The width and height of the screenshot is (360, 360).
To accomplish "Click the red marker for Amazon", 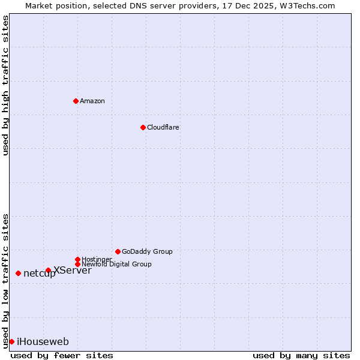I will (76, 101).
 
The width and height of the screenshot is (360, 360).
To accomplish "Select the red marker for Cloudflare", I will (143, 127).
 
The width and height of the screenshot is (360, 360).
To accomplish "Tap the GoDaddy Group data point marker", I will (118, 251).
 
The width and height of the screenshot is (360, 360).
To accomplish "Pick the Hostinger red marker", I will (77, 259).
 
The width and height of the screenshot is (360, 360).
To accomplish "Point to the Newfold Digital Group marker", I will (77, 264).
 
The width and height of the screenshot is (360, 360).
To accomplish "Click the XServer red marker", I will (48, 270).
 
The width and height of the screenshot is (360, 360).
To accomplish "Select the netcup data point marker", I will (18, 273).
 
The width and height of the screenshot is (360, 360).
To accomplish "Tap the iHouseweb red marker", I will (11, 341).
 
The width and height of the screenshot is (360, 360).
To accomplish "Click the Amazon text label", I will (92, 101).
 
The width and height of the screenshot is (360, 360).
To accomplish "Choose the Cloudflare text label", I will (163, 127).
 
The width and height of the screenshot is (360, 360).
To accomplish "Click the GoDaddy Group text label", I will (147, 251).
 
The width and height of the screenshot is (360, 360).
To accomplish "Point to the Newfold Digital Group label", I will (116, 264).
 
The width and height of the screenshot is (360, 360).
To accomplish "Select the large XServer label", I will (73, 270).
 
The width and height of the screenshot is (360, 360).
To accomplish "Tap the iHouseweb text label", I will (43, 342).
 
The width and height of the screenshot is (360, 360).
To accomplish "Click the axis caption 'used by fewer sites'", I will (62, 355).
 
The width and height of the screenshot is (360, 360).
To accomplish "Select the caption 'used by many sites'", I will (301, 355).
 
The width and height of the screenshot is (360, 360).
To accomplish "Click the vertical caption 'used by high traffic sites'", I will (5, 85).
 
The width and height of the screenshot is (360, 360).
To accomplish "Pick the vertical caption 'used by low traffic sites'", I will (5, 281).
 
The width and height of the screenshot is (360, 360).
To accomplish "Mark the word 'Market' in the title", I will (38, 5).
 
